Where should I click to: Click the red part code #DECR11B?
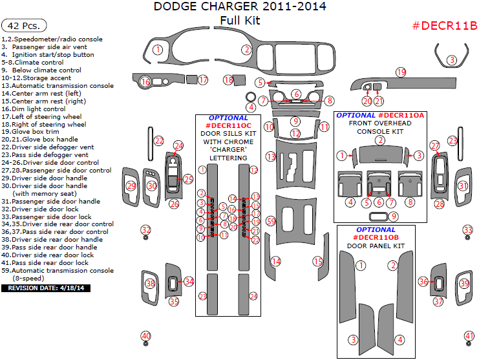pyautogui.click(x=444, y=26)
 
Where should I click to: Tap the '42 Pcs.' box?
pyautogui.click(x=25, y=26)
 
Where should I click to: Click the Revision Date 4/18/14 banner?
pyautogui.click(x=46, y=288)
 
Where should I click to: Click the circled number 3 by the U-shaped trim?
pyautogui.click(x=452, y=60)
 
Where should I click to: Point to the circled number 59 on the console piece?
pyautogui.click(x=271, y=221)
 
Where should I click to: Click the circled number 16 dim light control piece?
pyautogui.click(x=145, y=81)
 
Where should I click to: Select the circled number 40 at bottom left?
pyautogui.click(x=146, y=335)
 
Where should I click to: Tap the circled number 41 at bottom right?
pyautogui.click(x=469, y=335)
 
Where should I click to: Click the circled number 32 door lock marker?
pyautogui.click(x=146, y=230)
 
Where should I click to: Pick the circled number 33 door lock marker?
pyautogui.click(x=468, y=230)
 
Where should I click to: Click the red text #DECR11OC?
pyautogui.click(x=228, y=125)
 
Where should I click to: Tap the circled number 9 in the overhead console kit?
pyautogui.click(x=394, y=215)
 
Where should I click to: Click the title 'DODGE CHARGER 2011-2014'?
pyautogui.click(x=240, y=6)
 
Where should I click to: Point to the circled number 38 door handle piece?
pyautogui.click(x=151, y=283)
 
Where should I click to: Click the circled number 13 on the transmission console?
pyautogui.click(x=271, y=156)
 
